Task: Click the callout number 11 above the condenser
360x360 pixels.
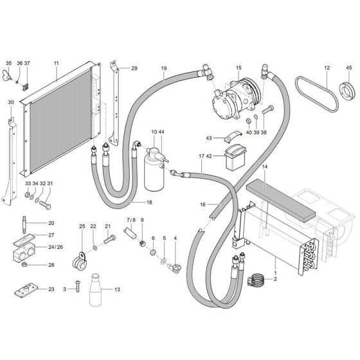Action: (57, 63)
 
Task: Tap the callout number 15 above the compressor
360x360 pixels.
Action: (239, 67)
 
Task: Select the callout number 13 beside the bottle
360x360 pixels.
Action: (117, 289)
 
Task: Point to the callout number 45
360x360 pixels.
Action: (349, 67)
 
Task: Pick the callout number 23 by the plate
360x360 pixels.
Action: (51, 289)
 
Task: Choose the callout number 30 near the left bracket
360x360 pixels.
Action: (11, 102)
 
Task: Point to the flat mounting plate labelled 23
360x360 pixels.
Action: (28, 290)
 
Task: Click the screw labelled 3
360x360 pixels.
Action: (77, 291)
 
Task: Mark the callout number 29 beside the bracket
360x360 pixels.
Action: (134, 68)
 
